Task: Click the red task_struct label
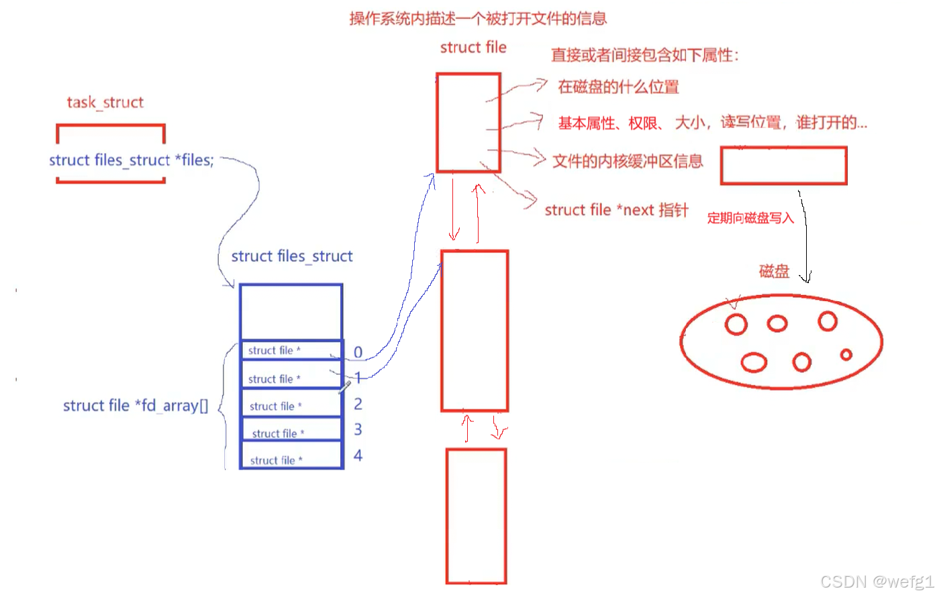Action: point(105,102)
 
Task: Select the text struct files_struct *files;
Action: point(131,160)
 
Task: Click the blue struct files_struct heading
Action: point(292,256)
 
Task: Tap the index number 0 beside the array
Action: point(358,352)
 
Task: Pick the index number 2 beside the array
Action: point(358,404)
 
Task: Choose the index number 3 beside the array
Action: point(358,429)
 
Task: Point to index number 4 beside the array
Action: point(358,455)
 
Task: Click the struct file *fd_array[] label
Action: point(136,406)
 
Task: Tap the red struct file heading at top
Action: point(473,48)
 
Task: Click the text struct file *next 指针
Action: point(616,210)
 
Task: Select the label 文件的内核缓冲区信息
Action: point(628,161)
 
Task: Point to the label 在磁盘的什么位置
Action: point(618,87)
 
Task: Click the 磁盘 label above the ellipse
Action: point(774,271)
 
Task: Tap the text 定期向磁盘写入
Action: point(750,218)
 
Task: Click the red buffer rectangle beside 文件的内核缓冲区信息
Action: point(783,165)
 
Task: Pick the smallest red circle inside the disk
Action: point(846,354)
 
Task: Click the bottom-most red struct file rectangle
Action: point(476,516)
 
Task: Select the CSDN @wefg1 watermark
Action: point(877,582)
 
